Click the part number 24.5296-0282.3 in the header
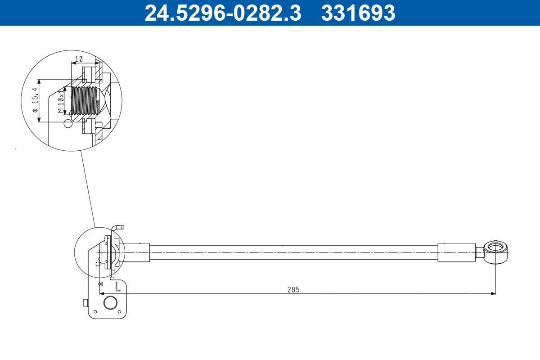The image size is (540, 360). (x=223, y=13)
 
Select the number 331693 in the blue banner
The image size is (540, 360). (x=358, y=13)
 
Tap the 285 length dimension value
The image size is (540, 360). (x=293, y=289)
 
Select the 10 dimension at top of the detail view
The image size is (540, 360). (x=79, y=58)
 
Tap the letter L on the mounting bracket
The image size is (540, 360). (x=117, y=286)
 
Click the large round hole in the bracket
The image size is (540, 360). (x=110, y=302)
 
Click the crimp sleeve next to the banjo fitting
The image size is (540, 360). (x=456, y=252)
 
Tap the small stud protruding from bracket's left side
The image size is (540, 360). (x=85, y=303)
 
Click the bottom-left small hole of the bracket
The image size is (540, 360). (x=95, y=311)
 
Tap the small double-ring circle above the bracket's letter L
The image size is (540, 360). (x=101, y=284)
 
